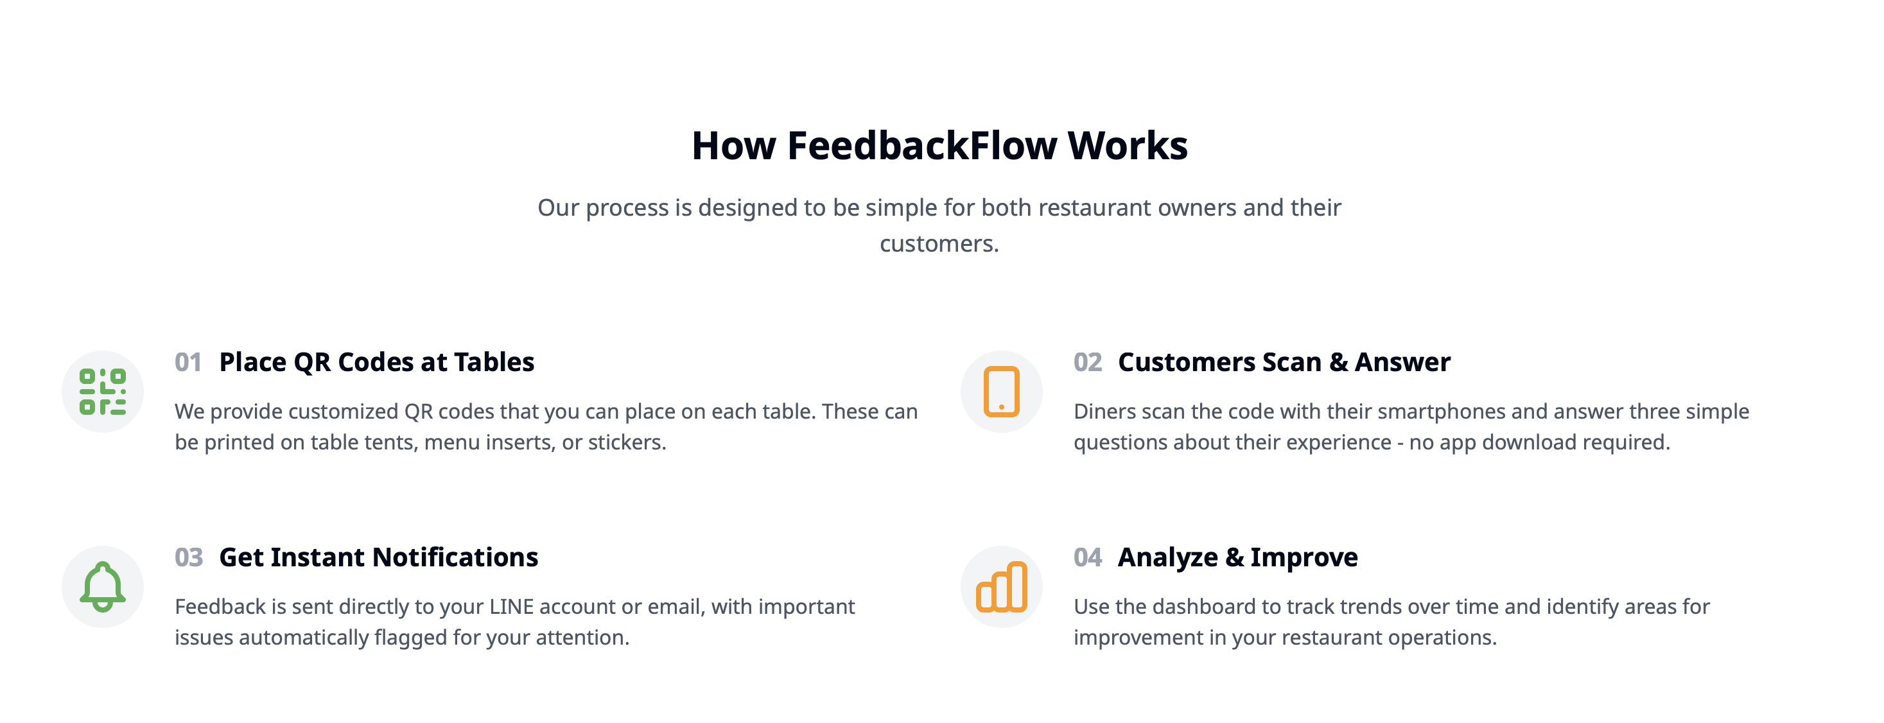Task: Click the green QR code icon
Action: pos(102,392)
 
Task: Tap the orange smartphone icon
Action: pos(1001,392)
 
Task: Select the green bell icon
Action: pos(102,586)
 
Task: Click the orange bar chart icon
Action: pos(1001,586)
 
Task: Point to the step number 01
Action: pos(188,363)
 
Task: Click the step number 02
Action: pos(1088,363)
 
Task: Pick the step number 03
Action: pos(189,558)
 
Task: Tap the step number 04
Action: pos(1088,558)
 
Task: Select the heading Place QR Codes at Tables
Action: pos(377,363)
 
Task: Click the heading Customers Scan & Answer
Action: pos(1284,363)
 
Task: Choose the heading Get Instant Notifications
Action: pos(378,558)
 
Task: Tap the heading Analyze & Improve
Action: pos(1237,558)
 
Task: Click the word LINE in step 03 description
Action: pos(511,607)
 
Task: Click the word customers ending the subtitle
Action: pos(938,243)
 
